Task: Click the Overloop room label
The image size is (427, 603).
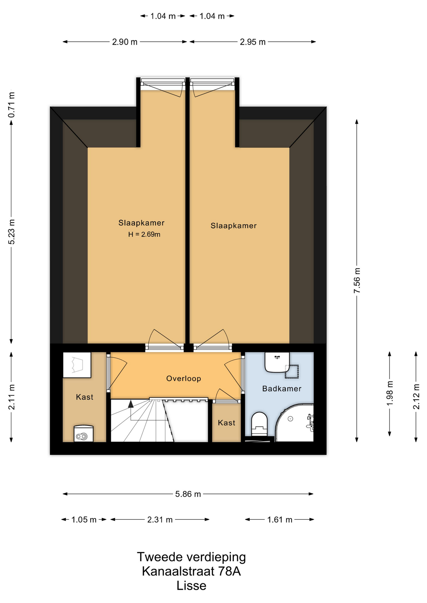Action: click(x=184, y=378)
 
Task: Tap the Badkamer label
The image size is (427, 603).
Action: click(x=282, y=388)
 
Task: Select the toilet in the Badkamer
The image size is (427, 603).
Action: click(x=259, y=424)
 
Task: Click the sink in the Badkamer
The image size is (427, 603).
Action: click(x=277, y=362)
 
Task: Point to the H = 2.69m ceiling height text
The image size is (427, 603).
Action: click(x=144, y=234)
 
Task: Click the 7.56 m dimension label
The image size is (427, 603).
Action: click(x=357, y=281)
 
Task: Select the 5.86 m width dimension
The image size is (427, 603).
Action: click(x=188, y=494)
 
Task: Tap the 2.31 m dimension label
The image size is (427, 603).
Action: click(x=160, y=520)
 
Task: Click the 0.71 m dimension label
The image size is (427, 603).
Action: click(x=11, y=105)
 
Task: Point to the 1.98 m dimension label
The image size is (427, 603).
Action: click(x=390, y=393)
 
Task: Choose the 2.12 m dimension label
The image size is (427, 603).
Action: click(x=416, y=397)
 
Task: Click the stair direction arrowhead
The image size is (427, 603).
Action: click(x=131, y=404)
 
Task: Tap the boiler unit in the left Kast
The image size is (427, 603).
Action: click(x=84, y=433)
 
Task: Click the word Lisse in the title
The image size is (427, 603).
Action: click(x=191, y=586)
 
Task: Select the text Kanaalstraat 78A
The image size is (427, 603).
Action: click(x=191, y=571)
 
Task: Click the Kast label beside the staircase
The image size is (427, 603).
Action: click(x=226, y=423)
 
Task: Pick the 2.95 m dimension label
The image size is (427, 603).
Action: click(x=253, y=42)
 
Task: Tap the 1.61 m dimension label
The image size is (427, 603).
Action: click(x=280, y=520)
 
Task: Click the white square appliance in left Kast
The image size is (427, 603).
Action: click(x=77, y=365)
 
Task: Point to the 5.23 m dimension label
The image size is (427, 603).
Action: click(x=11, y=232)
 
